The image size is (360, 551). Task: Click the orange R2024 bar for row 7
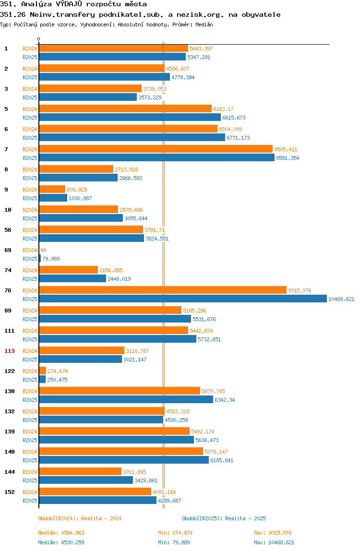click(x=156, y=149)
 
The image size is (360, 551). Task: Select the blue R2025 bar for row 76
click(x=183, y=299)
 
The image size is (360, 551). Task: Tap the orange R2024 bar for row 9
click(x=52, y=190)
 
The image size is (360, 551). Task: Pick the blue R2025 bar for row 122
click(x=42, y=380)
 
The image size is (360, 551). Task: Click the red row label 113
click(x=10, y=351)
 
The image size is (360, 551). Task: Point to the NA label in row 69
click(x=43, y=250)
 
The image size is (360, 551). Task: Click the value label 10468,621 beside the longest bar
click(x=341, y=299)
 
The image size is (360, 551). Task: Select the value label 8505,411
click(x=286, y=149)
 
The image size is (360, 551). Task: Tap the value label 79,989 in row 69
click(x=51, y=259)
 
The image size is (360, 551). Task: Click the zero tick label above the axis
click(x=39, y=39)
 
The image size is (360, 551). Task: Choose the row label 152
click(x=10, y=492)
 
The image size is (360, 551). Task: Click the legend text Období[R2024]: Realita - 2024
click(x=80, y=518)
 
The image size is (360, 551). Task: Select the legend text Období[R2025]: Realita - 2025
click(x=224, y=518)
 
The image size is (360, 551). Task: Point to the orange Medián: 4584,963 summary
click(x=61, y=533)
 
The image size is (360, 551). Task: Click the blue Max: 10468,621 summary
click(x=274, y=542)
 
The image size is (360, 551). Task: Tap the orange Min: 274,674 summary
click(x=175, y=533)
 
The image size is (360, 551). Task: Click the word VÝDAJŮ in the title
click(x=69, y=4)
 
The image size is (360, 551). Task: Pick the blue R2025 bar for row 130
click(x=126, y=399)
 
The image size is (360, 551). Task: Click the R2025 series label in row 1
click(x=30, y=57)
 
